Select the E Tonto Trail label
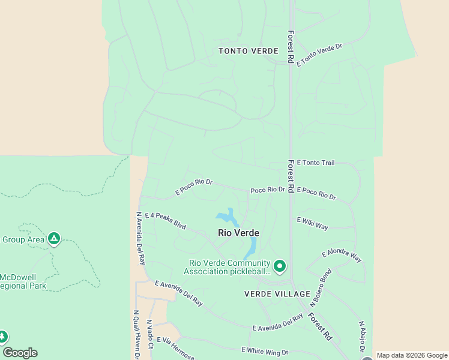pos(315,163)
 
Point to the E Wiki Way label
pos(312,223)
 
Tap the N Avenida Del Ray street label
pos(141,238)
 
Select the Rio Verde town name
pos(238,233)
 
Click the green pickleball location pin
pos(279,265)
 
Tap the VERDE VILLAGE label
pos(277,294)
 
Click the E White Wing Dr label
pos(265,351)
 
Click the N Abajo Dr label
pos(362,336)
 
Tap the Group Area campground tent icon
pos(54,239)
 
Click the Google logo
pos(20,353)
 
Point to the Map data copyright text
pos(412,355)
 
